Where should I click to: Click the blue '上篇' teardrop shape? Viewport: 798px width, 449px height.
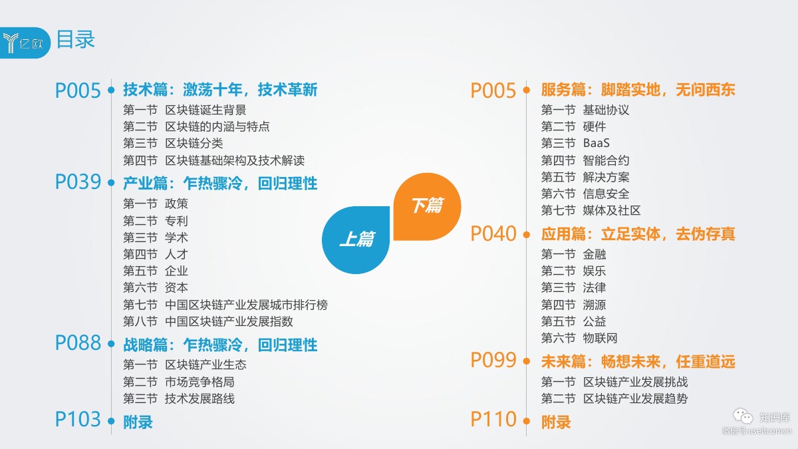[356, 239]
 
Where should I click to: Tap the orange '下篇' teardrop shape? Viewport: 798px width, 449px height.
[426, 206]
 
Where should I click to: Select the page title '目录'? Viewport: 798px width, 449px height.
[75, 39]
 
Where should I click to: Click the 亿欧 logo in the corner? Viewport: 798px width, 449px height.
[25, 43]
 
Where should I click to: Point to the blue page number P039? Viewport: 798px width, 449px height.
[78, 182]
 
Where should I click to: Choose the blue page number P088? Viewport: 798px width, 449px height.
[78, 343]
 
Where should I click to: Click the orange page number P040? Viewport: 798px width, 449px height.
[493, 234]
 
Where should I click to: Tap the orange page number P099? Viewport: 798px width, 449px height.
[493, 361]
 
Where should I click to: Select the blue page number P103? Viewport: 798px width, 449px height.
[78, 420]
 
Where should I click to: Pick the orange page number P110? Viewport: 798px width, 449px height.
[493, 420]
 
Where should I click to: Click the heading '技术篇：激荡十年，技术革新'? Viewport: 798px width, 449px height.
[220, 90]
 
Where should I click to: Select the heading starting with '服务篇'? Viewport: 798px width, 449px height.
[638, 90]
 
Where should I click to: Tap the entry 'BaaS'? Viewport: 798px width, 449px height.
[596, 143]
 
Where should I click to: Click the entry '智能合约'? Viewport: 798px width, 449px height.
[606, 160]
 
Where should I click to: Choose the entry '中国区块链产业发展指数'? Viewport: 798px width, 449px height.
[229, 321]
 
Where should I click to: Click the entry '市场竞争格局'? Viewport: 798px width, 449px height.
[199, 382]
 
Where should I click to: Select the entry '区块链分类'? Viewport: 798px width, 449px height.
[194, 143]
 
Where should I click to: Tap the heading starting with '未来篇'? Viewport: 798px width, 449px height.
[638, 363]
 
